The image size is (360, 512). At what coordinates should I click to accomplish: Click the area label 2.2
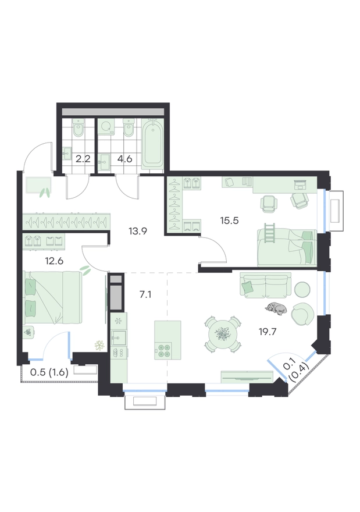point(83,159)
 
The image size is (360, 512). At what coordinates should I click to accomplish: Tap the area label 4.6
point(124,159)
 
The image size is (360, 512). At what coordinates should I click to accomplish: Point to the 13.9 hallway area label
point(138,232)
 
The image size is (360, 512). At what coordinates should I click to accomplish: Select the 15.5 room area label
point(230,221)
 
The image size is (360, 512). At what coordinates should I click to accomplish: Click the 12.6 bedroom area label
point(54,261)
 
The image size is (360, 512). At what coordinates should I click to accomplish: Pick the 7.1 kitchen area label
point(145,295)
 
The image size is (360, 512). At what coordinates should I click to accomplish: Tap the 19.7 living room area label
point(268,332)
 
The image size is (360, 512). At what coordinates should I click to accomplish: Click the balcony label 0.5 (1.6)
point(49,372)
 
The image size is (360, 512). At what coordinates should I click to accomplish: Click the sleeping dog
point(276,308)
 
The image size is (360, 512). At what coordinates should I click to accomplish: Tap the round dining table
point(223,334)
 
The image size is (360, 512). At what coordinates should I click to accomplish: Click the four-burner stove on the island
point(163,350)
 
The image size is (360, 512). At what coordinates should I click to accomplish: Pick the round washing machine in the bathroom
point(106,127)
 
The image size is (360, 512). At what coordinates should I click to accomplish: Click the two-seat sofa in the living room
point(265,285)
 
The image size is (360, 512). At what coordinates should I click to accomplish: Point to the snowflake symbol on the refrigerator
point(118,321)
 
